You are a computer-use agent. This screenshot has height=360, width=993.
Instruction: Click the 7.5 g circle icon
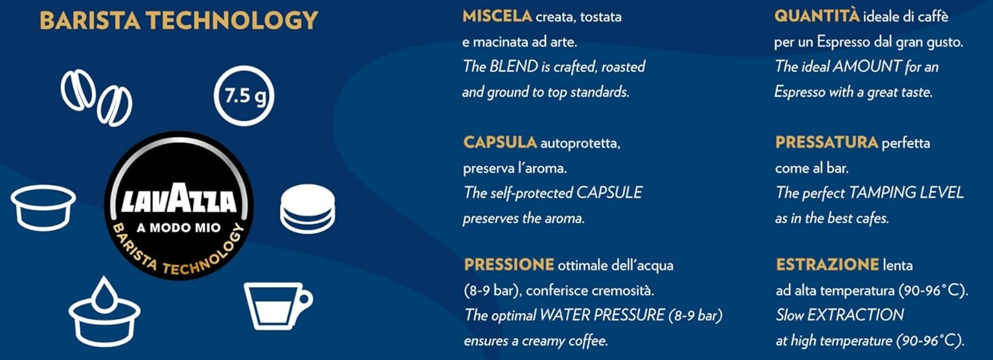coord(244,96)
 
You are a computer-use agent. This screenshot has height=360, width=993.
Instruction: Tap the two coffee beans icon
coord(96,97)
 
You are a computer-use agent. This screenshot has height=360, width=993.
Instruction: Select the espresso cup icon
coord(278,306)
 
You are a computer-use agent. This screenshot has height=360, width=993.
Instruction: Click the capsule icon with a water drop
coord(105,312)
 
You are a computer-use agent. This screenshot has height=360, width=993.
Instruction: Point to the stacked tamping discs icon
coord(308,209)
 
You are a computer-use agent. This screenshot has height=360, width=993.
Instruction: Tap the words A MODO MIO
coord(179,228)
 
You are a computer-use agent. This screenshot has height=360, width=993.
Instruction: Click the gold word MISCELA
coord(497,17)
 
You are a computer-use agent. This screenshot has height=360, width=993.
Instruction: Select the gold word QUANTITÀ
coord(816,17)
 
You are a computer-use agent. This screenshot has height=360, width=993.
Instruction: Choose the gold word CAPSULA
coord(500,142)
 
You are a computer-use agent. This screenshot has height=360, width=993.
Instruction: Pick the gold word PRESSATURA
coord(827,142)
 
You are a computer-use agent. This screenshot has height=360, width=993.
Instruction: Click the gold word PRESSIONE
coord(509,265)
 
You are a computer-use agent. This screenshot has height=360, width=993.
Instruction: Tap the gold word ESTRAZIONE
coord(827,265)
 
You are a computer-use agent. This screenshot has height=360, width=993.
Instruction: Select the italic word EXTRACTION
coord(855,315)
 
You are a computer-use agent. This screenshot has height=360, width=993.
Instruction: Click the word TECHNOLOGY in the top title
coord(232,21)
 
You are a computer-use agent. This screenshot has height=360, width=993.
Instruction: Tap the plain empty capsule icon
coord(44,207)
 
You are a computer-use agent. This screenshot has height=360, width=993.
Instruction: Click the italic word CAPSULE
coord(609,193)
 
